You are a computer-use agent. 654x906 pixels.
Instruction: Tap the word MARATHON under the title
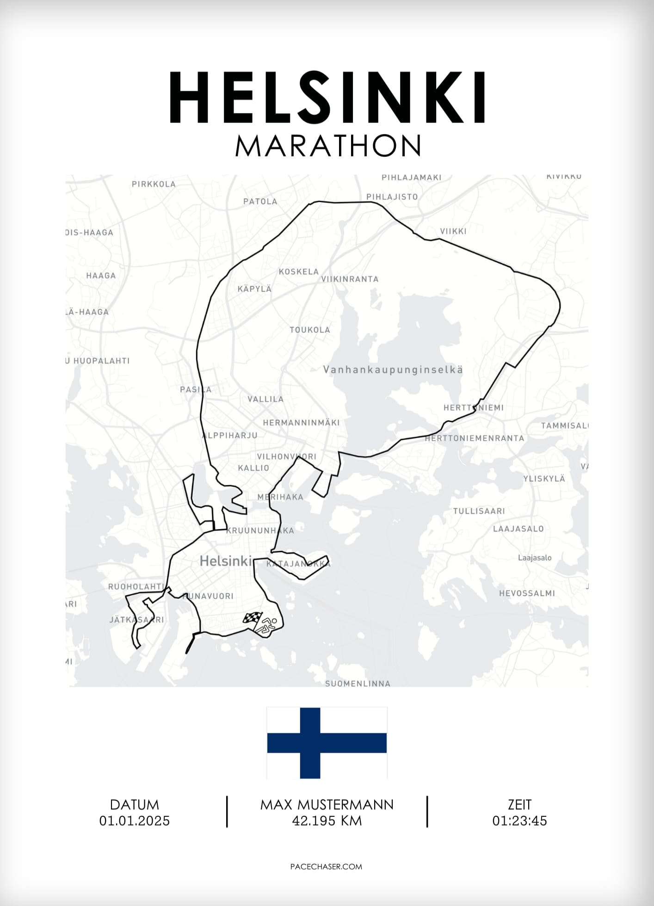[x=327, y=146]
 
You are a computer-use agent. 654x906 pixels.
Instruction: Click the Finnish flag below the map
[x=327, y=743]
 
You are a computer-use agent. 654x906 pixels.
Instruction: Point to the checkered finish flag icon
[x=253, y=618]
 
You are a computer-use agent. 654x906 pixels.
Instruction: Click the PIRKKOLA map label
[x=154, y=184]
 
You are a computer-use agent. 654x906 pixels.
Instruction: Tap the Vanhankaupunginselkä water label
[x=393, y=370]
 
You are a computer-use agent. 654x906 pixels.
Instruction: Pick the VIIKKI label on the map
[x=453, y=231]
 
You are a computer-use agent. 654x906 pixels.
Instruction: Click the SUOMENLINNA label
[x=358, y=684]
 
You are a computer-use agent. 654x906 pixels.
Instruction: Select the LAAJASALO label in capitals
[x=518, y=529]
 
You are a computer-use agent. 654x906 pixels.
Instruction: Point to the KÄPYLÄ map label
[x=254, y=289]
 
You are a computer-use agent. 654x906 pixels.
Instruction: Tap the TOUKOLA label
[x=310, y=330]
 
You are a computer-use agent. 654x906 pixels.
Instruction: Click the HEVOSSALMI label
[x=527, y=593]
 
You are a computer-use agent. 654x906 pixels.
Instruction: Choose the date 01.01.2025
[x=134, y=821]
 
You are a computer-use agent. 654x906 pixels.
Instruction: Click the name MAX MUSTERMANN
[x=327, y=805]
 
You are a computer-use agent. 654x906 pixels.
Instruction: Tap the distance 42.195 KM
[x=327, y=821]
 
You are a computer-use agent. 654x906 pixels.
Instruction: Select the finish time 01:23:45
[x=519, y=821]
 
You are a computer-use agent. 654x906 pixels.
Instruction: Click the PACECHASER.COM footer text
[x=327, y=867]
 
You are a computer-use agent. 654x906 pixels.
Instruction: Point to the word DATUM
[x=134, y=805]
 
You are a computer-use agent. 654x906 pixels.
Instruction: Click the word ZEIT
[x=519, y=805]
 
